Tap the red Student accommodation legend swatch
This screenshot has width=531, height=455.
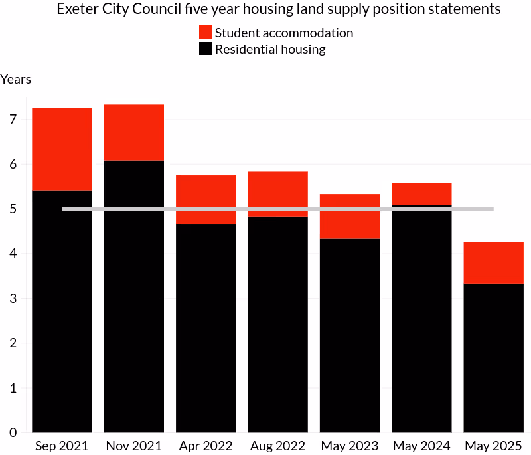click(x=206, y=33)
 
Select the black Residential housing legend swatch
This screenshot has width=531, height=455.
click(x=206, y=49)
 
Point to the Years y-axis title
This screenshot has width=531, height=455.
click(x=15, y=80)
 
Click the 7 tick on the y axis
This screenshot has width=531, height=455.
click(x=13, y=120)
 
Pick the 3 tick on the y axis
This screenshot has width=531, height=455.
click(x=13, y=298)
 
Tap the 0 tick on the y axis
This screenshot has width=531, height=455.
click(x=13, y=432)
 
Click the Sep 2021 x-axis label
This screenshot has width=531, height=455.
click(x=62, y=446)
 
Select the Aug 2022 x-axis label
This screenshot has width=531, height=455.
click(x=277, y=446)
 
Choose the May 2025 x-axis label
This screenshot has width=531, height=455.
click(x=493, y=446)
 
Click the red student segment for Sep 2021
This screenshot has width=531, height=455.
click(x=62, y=149)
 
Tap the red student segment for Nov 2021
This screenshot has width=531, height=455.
click(x=134, y=133)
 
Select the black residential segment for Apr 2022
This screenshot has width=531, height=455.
click(x=206, y=328)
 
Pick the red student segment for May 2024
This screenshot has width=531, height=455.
click(x=421, y=194)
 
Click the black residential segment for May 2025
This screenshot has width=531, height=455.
click(x=493, y=358)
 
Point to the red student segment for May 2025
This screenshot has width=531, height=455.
click(x=493, y=262)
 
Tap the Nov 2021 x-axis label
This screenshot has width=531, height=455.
click(x=134, y=446)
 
